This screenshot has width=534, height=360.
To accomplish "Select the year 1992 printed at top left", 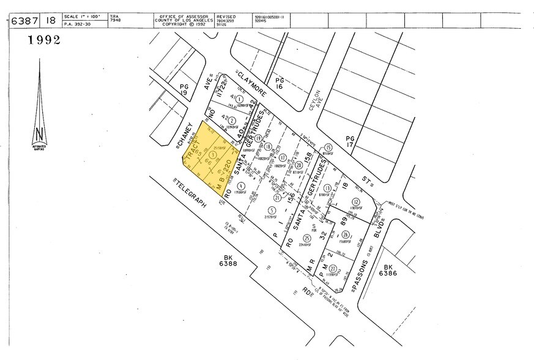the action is click(x=43, y=41).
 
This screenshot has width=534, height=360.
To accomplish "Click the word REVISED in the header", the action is click(x=226, y=17).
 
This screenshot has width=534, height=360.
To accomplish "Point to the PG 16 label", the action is click(x=280, y=83).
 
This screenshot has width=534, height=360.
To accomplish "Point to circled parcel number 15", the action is click(x=328, y=147).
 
